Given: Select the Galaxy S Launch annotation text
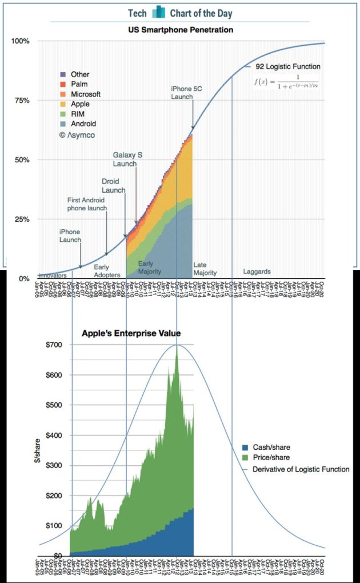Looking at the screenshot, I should pos(125,159).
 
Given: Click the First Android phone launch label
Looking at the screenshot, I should pos(87,205).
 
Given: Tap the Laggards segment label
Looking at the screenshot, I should pos(257,271).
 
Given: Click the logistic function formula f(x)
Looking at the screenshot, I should pos(286,82).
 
